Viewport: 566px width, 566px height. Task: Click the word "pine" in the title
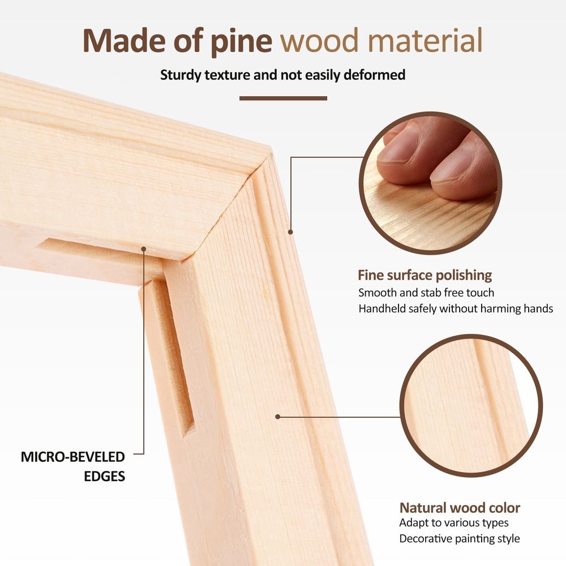pos(241,41)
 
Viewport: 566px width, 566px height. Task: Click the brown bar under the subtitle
pos(283,98)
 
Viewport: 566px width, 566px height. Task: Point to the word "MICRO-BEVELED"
pos(73,457)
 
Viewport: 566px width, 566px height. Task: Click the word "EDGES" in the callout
pos(104,477)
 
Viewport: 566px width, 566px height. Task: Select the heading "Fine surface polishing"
pos(425,276)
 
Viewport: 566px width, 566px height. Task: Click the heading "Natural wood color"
pos(460,508)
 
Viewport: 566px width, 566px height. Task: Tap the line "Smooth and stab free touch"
pos(426,293)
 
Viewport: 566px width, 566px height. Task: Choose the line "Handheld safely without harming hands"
pos(456,308)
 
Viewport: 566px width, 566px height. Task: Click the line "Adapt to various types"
pos(454,522)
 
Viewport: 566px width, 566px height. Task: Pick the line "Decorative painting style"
pos(460,539)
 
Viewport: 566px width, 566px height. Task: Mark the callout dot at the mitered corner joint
pos(144,249)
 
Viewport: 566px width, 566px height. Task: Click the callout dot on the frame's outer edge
pos(290,232)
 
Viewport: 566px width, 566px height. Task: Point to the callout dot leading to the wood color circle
pos(277,417)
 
